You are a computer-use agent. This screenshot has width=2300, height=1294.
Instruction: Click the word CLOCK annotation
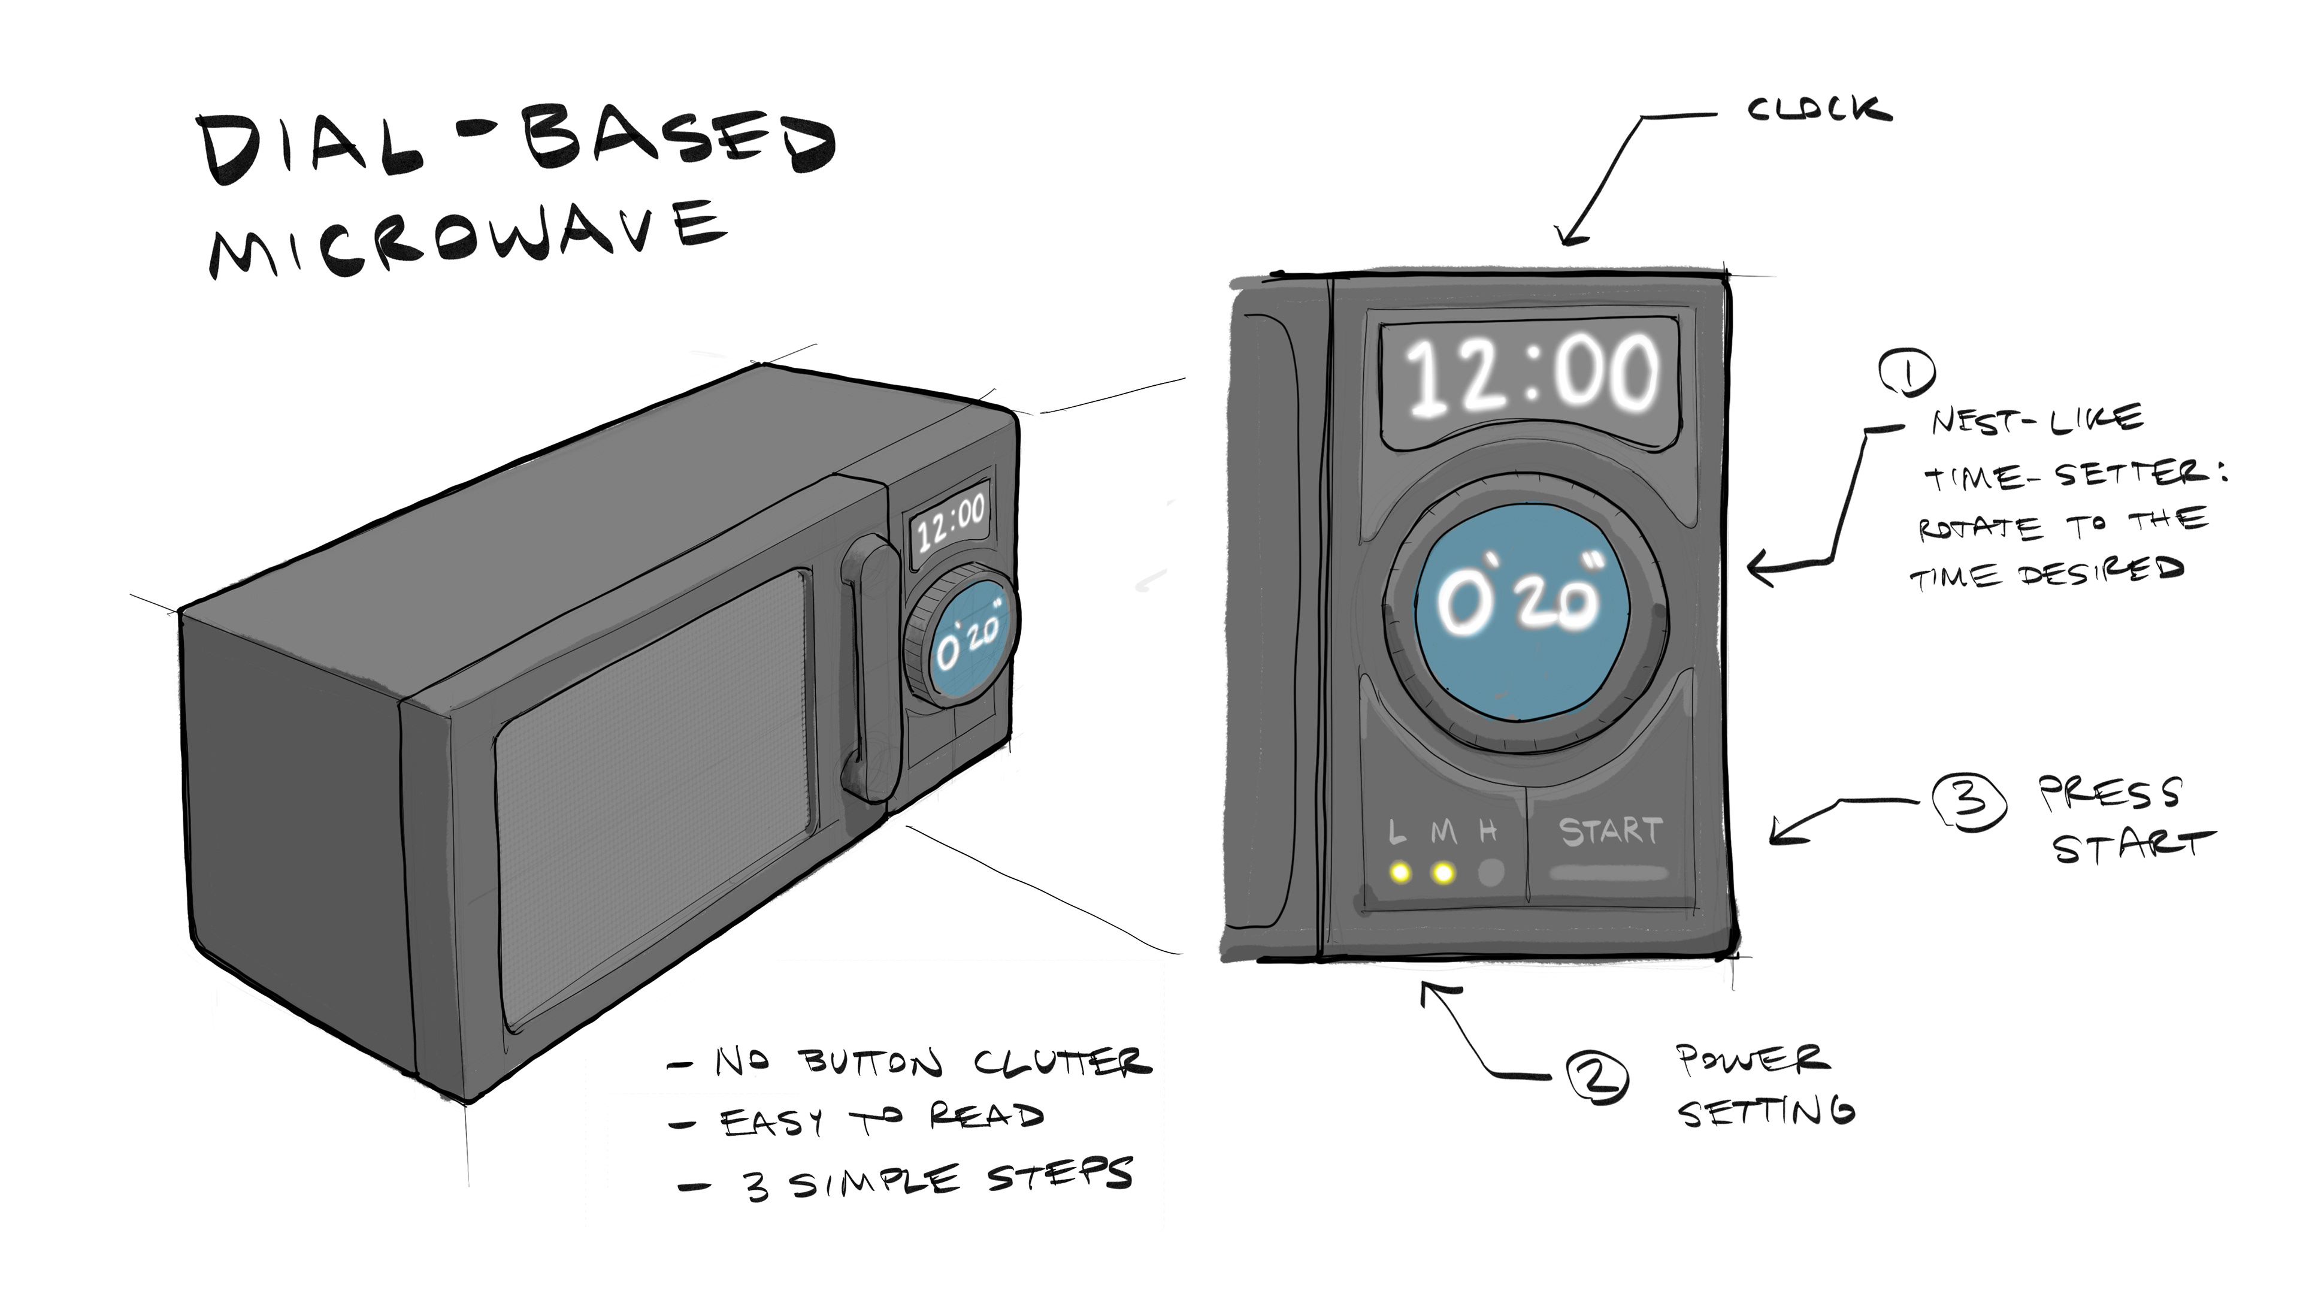pyautogui.click(x=1819, y=111)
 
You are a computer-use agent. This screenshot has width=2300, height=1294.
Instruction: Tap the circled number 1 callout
pyautogui.click(x=1906, y=373)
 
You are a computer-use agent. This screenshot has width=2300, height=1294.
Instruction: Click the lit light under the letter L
pyautogui.click(x=1400, y=872)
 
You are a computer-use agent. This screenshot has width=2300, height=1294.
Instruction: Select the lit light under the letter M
pyautogui.click(x=1443, y=872)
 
